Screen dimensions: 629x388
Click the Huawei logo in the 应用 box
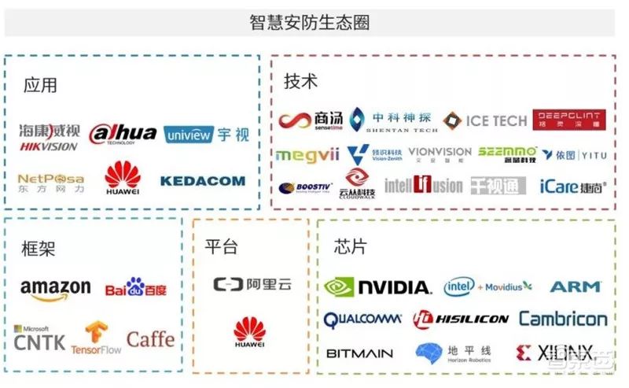(123, 179)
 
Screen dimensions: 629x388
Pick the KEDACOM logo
(202, 181)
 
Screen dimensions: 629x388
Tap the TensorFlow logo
(96, 338)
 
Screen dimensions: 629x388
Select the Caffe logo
(150, 339)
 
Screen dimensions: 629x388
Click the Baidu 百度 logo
(136, 287)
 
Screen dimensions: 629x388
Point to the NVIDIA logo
(378, 287)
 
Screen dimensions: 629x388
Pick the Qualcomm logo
(363, 320)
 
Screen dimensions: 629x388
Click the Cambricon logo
(563, 320)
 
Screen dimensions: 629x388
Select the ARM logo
(575, 286)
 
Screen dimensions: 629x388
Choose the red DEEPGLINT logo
(569, 120)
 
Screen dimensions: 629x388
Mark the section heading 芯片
(349, 246)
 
